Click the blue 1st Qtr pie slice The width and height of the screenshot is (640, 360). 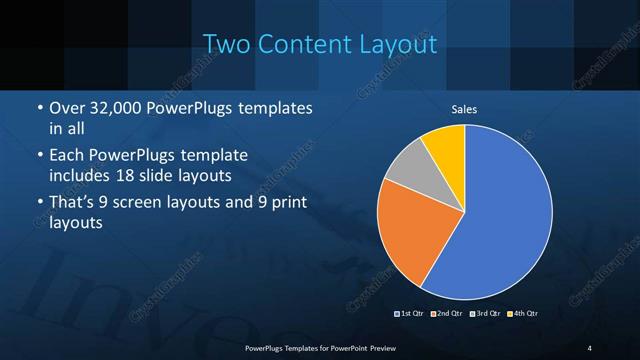point(500,220)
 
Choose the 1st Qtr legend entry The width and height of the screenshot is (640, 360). point(411,314)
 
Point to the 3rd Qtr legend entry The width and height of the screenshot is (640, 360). point(485,314)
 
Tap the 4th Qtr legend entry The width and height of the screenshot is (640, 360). point(522,314)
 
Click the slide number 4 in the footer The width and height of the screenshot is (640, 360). point(589,347)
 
